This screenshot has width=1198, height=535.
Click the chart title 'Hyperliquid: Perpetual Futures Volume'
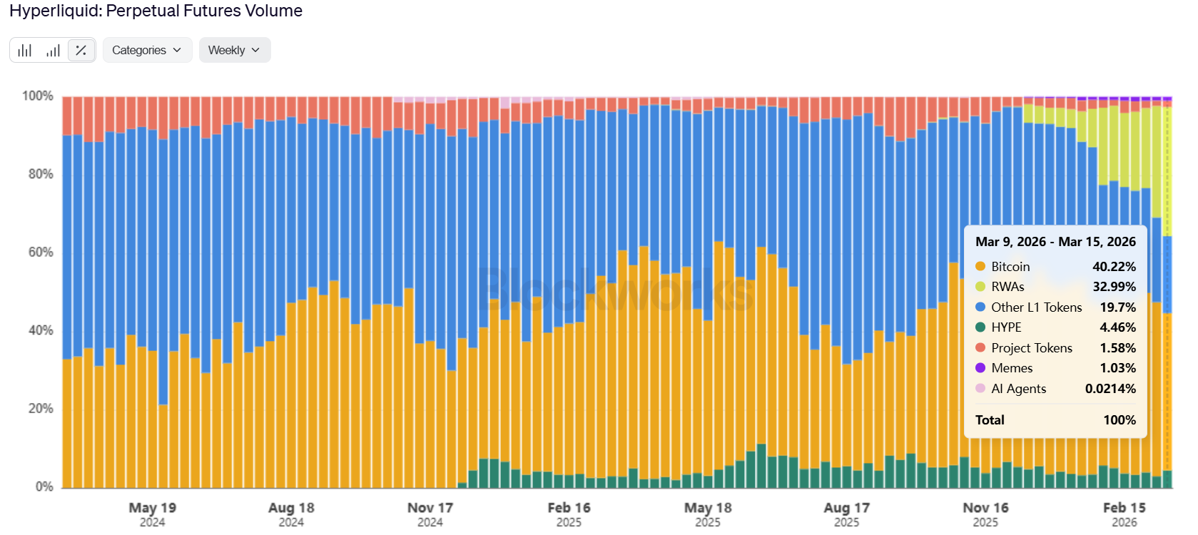point(156,11)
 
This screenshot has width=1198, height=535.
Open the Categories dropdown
point(147,50)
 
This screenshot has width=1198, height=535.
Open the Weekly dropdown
point(234,50)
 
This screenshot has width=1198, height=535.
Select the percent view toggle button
point(81,50)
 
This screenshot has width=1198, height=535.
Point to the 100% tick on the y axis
point(37,96)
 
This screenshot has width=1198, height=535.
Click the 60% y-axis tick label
point(40,252)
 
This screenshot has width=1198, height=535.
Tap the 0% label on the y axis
point(44,486)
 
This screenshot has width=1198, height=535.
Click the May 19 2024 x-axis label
point(152,508)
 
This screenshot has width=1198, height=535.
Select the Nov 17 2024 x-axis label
point(430,508)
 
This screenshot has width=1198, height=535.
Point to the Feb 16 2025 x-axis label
point(569,508)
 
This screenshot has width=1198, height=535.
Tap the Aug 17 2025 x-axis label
point(846,508)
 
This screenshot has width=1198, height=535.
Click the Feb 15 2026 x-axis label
point(1124,508)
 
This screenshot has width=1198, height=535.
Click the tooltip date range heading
point(1055,242)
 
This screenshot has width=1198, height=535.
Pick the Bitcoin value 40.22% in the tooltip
point(1114,267)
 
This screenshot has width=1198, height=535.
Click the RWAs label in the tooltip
point(1007,287)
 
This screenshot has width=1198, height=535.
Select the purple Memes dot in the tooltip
point(980,368)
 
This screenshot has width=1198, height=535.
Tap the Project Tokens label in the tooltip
point(1032,348)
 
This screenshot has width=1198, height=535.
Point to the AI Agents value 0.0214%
point(1110,389)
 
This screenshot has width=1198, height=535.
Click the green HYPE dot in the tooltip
point(980,327)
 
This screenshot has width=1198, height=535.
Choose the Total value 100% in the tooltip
point(1120,420)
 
